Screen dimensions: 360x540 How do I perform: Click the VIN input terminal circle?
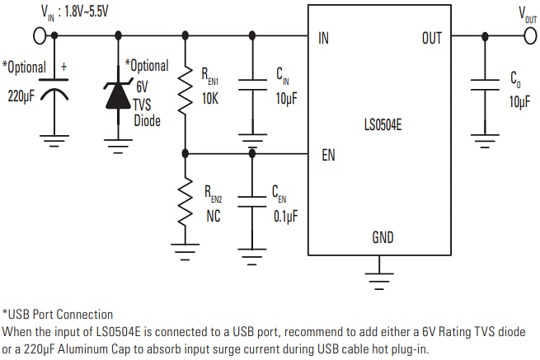coord(39,35)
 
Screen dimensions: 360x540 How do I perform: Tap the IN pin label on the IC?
coord(324,38)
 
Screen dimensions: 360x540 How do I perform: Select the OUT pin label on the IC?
coord(431,38)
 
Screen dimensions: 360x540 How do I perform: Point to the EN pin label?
coord(328,154)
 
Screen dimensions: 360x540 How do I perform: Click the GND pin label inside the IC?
coord(383,238)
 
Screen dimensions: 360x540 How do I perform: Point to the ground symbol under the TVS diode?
coord(119,146)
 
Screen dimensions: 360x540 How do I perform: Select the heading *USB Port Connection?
coord(58,314)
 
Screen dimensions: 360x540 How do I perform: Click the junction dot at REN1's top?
coord(185,35)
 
